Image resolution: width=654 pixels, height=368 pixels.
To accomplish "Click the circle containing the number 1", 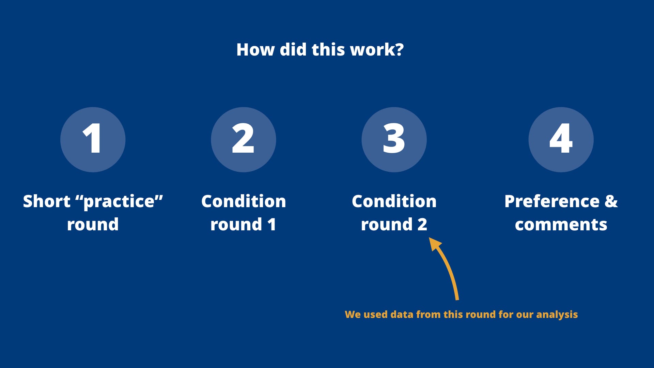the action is tap(93, 140).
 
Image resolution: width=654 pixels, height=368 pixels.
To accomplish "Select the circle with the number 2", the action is tap(244, 140).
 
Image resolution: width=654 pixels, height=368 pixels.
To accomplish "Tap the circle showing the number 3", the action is tap(394, 140).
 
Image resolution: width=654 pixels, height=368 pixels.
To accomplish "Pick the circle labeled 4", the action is tap(561, 140).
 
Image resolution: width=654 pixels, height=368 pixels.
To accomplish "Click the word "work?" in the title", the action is tap(377, 50).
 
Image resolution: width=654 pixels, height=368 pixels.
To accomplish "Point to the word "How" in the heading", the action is tap(255, 50).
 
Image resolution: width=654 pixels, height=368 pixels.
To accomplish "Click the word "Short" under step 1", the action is tap(47, 201).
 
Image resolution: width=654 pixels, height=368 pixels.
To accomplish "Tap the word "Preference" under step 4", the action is tap(552, 201).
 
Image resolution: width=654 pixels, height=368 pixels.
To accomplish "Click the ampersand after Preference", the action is tap(611, 201).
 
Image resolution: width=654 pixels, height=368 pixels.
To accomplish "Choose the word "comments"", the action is tap(561, 225).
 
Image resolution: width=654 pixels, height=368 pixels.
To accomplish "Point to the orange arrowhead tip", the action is tap(429, 238).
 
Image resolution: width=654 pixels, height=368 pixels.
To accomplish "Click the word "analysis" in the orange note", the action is tap(557, 315).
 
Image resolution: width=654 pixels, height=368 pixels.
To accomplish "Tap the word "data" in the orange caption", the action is tap(402, 314).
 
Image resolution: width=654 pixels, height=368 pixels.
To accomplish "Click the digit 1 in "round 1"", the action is tap(271, 225).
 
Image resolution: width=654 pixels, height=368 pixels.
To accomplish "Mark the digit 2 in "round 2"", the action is tap(422, 225).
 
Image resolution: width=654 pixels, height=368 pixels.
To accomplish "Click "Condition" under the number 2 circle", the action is tap(244, 201).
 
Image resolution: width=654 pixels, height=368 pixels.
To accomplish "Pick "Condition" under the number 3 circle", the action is tap(394, 201).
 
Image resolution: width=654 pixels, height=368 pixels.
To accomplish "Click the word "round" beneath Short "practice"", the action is tap(93, 225).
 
